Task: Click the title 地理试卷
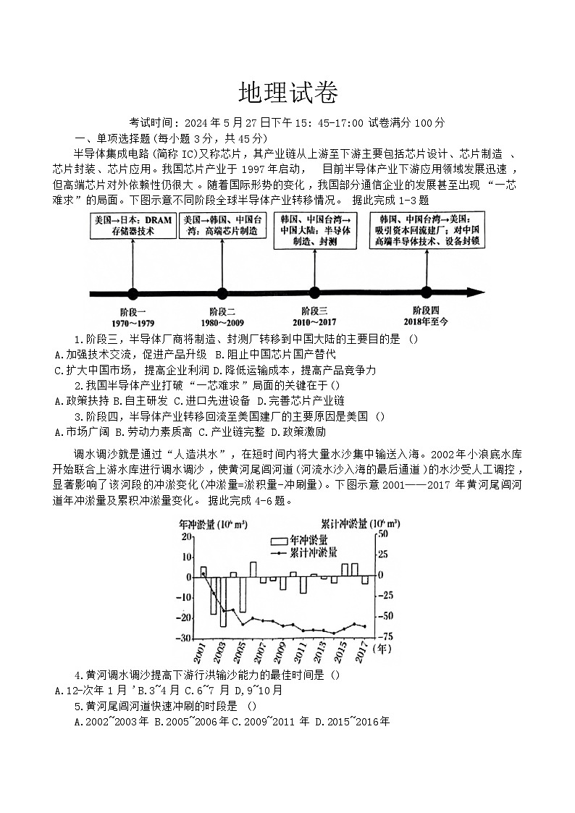[x=287, y=93]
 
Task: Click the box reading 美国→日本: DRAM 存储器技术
[x=133, y=225]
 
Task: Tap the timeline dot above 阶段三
[x=314, y=293]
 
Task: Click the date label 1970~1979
[x=133, y=322]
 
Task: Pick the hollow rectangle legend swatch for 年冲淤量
[x=278, y=541]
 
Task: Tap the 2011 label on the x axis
[x=300, y=652]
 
